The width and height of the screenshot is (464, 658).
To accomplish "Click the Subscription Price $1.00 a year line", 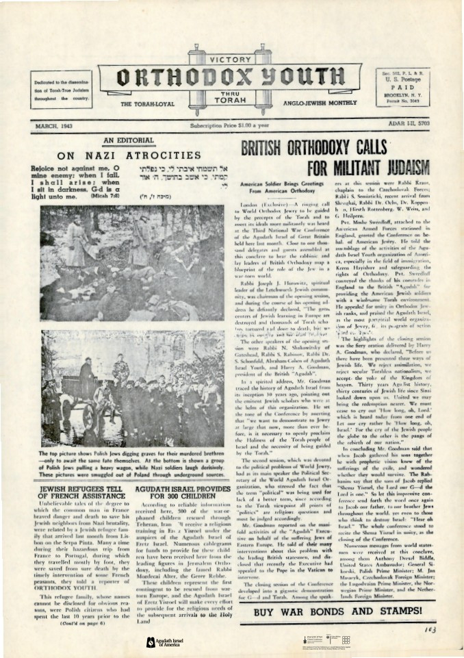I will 231,126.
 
